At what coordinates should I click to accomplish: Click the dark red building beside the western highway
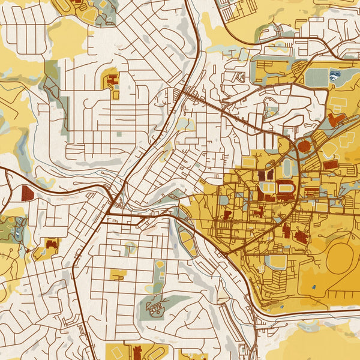click(x=28, y=193)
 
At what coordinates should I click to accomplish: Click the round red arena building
click(x=304, y=146)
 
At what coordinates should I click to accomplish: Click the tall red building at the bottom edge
click(x=137, y=352)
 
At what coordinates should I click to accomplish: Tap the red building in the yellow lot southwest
click(x=52, y=244)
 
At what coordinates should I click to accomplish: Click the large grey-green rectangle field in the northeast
click(x=317, y=77)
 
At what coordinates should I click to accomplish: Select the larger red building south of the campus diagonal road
click(x=300, y=237)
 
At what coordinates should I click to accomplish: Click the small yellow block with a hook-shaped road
click(x=118, y=274)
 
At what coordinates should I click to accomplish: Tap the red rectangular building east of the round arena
click(x=331, y=164)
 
